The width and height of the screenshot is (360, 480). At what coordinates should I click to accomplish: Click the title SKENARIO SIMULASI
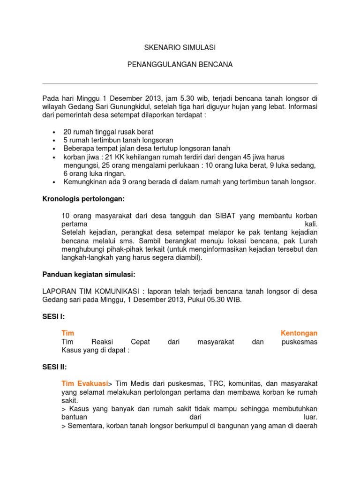pyautogui.click(x=180, y=48)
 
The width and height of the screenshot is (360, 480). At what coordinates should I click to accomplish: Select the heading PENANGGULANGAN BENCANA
pyautogui.click(x=180, y=64)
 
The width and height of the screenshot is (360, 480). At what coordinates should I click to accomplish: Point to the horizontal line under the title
pyautogui.click(x=180, y=84)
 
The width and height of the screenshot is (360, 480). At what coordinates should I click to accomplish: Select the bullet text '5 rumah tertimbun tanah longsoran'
pyautogui.click(x=118, y=140)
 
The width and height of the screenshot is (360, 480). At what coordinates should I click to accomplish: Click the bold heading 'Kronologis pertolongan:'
pyautogui.click(x=83, y=199)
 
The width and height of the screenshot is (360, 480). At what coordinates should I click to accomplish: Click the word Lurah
pyautogui.click(x=308, y=241)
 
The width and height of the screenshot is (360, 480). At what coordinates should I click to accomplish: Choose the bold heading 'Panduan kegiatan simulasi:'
pyautogui.click(x=89, y=274)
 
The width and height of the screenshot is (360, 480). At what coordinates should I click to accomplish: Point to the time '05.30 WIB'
pyautogui.click(x=227, y=300)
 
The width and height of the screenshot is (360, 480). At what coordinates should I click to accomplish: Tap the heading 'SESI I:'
pyautogui.click(x=53, y=316)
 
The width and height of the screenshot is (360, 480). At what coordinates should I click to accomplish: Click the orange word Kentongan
pyautogui.click(x=299, y=333)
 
